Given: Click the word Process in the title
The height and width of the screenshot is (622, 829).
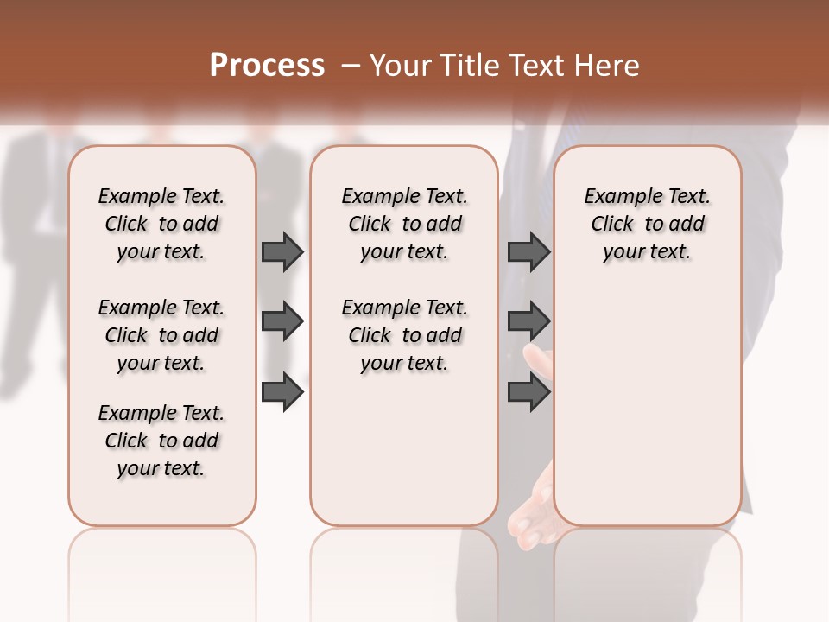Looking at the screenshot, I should pyautogui.click(x=267, y=66).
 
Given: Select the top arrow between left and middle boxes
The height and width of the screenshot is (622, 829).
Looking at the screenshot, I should pyautogui.click(x=282, y=251).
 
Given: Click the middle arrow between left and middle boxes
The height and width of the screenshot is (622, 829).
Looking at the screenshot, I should pyautogui.click(x=282, y=322).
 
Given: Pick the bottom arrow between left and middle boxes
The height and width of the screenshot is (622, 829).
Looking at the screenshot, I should pyautogui.click(x=282, y=393).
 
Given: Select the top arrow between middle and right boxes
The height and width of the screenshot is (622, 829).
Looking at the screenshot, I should pyautogui.click(x=528, y=251).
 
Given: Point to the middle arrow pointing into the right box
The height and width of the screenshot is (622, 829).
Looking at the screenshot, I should pyautogui.click(x=528, y=322).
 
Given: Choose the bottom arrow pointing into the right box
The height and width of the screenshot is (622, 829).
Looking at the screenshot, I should pyautogui.click(x=528, y=393).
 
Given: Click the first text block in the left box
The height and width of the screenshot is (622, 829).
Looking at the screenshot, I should pyautogui.click(x=161, y=224).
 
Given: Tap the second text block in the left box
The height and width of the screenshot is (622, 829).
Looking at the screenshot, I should pyautogui.click(x=161, y=335).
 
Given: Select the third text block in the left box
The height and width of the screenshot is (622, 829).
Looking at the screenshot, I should pyautogui.click(x=161, y=441).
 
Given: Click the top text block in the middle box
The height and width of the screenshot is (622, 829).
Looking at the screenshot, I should pyautogui.click(x=404, y=224).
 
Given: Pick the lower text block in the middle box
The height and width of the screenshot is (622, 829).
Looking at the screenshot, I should pyautogui.click(x=404, y=335).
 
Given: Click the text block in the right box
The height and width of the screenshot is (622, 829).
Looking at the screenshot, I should pyautogui.click(x=648, y=224).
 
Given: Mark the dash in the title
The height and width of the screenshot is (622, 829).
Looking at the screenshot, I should pyautogui.click(x=351, y=66).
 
